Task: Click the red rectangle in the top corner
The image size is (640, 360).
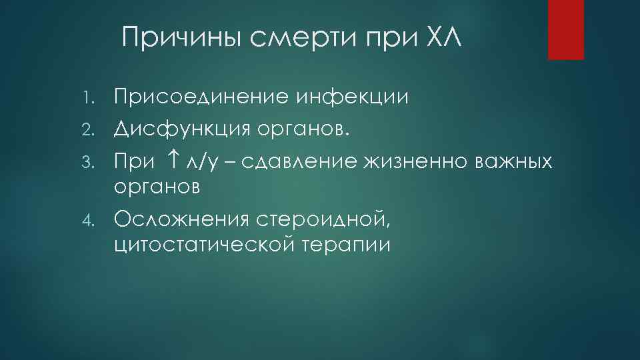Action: pyautogui.click(x=565, y=29)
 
